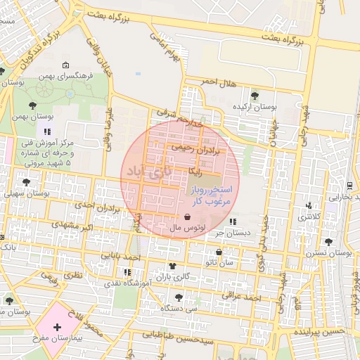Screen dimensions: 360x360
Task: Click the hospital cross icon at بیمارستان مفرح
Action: pyautogui.click(x=56, y=328)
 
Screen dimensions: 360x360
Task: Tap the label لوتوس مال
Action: pyautogui.click(x=187, y=229)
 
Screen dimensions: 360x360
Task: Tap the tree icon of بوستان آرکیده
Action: pyautogui.click(x=254, y=96)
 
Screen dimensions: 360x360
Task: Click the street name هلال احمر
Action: pyautogui.click(x=214, y=82)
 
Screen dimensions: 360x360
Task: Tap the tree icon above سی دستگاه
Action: pyautogui.click(x=179, y=297)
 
